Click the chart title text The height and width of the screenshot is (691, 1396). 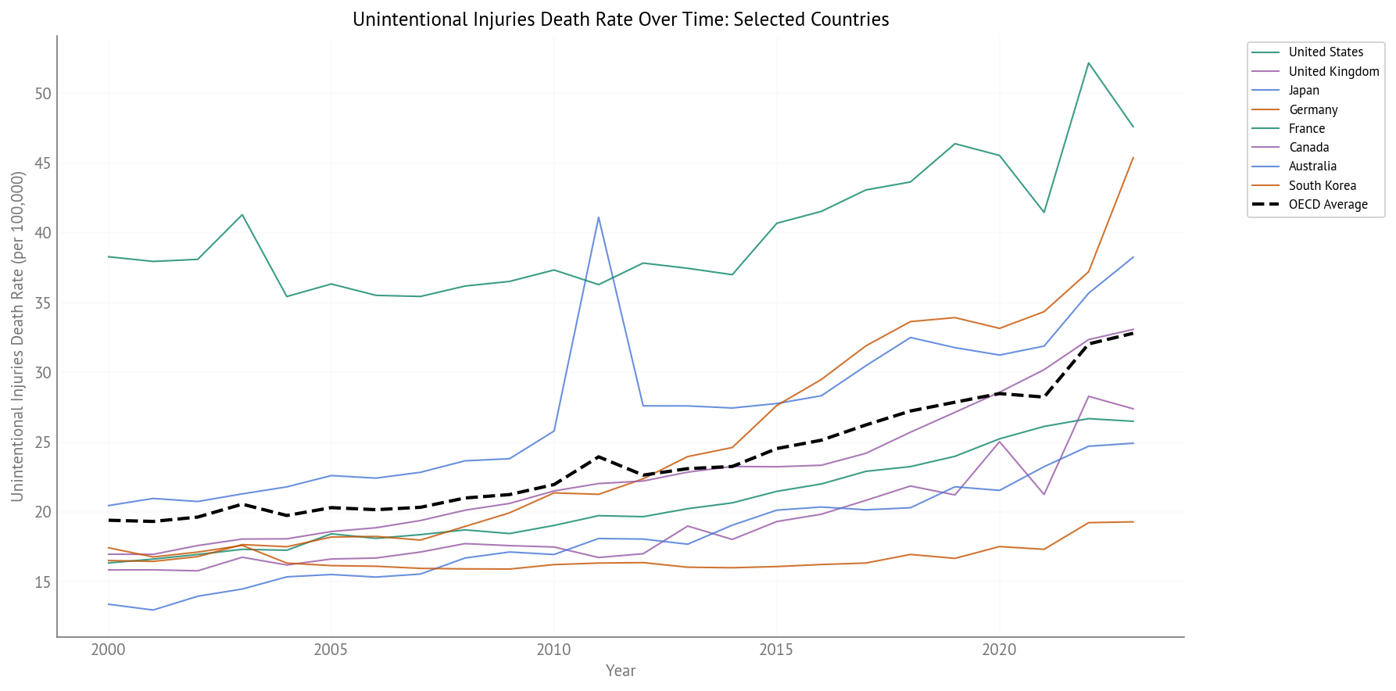tap(621, 20)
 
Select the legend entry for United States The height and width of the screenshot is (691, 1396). tap(1325, 52)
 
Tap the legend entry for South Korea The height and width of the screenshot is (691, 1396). tap(1322, 185)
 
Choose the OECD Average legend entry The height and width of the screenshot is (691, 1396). tap(1327, 205)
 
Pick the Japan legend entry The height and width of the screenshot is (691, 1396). tap(1303, 91)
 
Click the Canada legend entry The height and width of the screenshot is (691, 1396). tap(1308, 148)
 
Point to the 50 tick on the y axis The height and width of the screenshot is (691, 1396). tap(43, 94)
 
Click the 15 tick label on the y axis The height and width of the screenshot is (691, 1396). tap(43, 582)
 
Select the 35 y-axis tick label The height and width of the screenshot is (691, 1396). tap(43, 303)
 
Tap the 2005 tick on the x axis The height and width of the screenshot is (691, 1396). tap(331, 650)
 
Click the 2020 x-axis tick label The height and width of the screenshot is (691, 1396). tap(999, 650)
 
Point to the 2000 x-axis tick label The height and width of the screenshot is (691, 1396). tap(109, 650)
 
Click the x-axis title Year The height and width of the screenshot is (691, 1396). tap(621, 671)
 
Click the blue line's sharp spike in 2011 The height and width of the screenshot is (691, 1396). tap(599, 217)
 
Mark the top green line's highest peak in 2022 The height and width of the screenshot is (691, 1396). tap(1088, 63)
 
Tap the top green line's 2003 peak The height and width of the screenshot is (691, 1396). tap(242, 215)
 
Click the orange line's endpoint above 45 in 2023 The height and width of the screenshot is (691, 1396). tap(1133, 158)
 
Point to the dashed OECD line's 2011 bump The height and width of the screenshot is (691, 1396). tap(599, 456)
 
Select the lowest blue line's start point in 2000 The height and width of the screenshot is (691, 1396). tap(109, 604)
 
